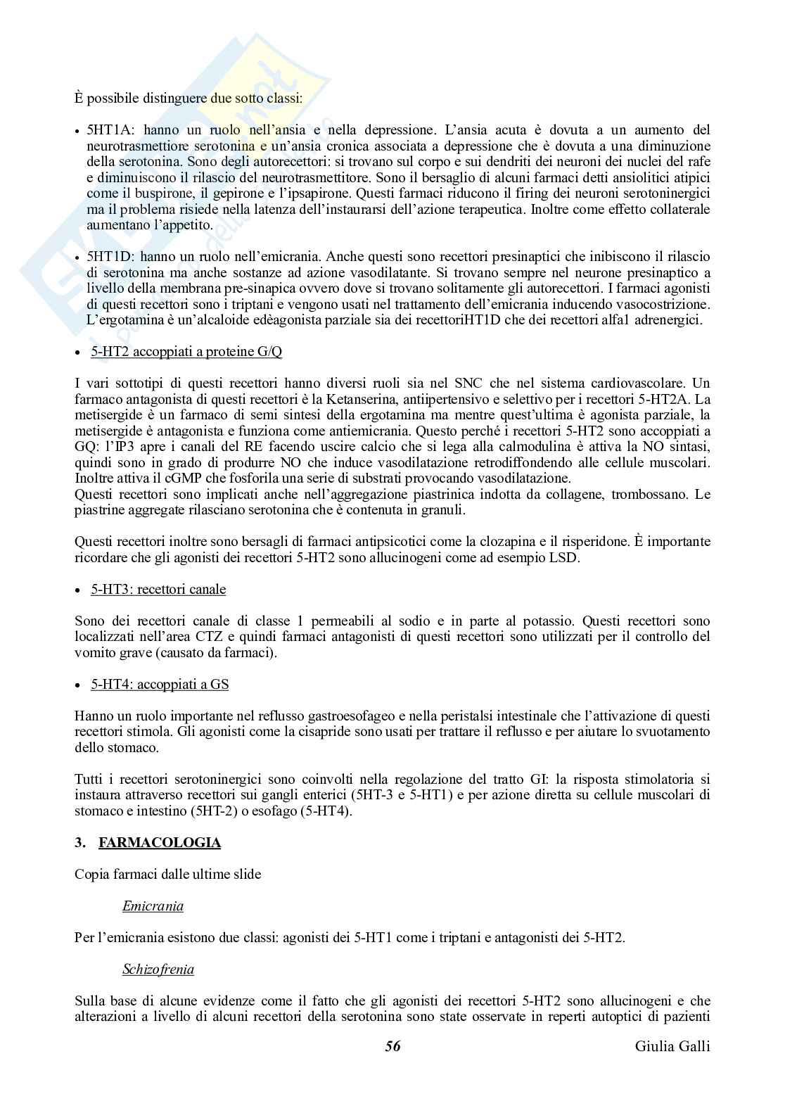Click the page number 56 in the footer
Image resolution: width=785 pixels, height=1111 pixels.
click(392, 1046)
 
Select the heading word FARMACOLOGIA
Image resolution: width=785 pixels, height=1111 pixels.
click(160, 842)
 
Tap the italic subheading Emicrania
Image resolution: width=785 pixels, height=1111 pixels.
click(153, 906)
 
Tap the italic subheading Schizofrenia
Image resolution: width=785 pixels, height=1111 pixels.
click(158, 969)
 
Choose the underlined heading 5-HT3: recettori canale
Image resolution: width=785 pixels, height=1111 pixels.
click(158, 589)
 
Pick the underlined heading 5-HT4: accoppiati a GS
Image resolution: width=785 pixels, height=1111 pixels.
click(160, 684)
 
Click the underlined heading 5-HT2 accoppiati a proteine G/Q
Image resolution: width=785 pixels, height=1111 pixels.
click(186, 351)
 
